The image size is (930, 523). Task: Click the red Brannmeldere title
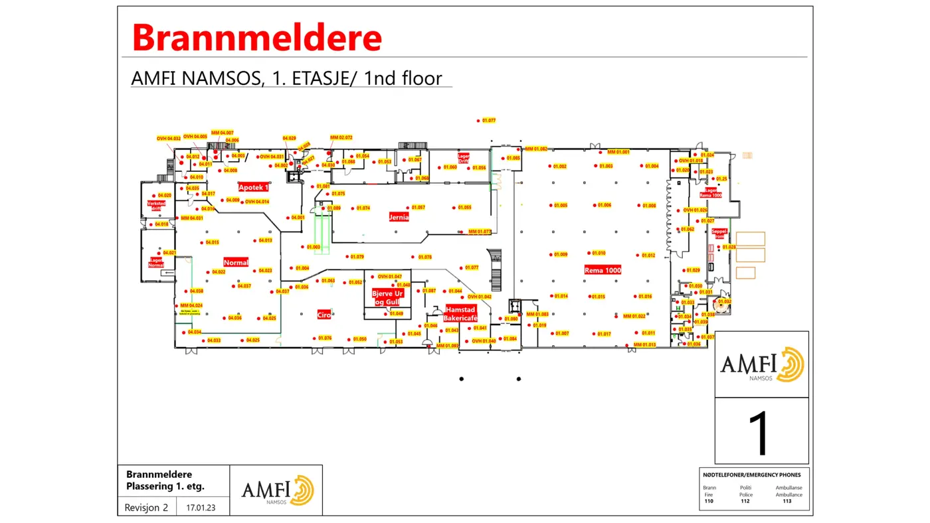point(257,38)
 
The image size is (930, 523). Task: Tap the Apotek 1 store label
point(253,187)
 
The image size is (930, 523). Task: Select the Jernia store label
point(399,217)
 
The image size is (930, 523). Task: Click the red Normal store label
point(236,262)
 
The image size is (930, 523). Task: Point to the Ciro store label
point(324,315)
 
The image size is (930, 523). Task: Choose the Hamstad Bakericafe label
point(461,314)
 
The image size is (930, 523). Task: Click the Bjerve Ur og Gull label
point(388,297)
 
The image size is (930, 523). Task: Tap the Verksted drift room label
point(156,206)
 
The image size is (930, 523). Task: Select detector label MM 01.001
point(618,152)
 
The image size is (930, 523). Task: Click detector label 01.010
point(599,253)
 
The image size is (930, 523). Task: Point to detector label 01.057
point(418,208)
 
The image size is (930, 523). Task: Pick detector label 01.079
point(357,257)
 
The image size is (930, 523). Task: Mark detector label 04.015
point(212,242)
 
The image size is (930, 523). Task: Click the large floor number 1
point(761,432)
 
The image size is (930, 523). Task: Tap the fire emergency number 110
point(709,501)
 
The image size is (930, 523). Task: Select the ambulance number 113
point(787,501)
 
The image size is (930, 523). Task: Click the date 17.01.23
point(199,508)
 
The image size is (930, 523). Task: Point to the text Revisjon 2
point(146,508)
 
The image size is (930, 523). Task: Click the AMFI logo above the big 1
point(762,364)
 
